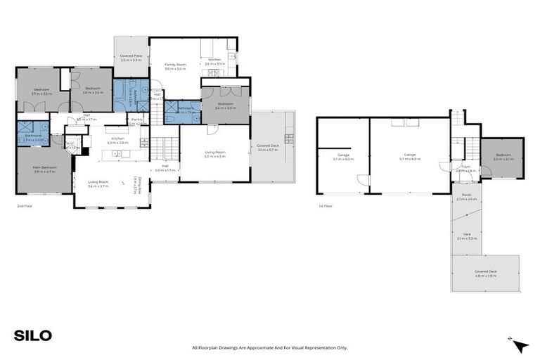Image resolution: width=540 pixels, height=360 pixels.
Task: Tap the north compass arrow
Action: tap(519, 345)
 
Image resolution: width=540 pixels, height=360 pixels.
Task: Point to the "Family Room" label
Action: tap(175, 66)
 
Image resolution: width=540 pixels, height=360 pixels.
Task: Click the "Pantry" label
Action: tap(137, 121)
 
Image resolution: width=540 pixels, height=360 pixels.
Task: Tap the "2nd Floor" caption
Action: tap(25, 207)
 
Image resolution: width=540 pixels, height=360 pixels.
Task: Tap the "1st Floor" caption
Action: tap(326, 207)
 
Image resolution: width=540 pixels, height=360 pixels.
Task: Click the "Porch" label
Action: tap(466, 197)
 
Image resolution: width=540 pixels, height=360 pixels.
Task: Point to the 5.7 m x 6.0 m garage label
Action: tap(410, 156)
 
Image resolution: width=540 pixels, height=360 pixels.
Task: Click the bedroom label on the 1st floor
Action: tap(503, 156)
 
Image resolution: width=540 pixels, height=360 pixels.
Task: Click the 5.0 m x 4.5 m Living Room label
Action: tap(214, 154)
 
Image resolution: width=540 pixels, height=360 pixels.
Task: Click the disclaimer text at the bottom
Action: tap(270, 347)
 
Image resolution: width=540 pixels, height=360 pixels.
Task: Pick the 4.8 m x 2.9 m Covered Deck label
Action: tap(485, 273)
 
